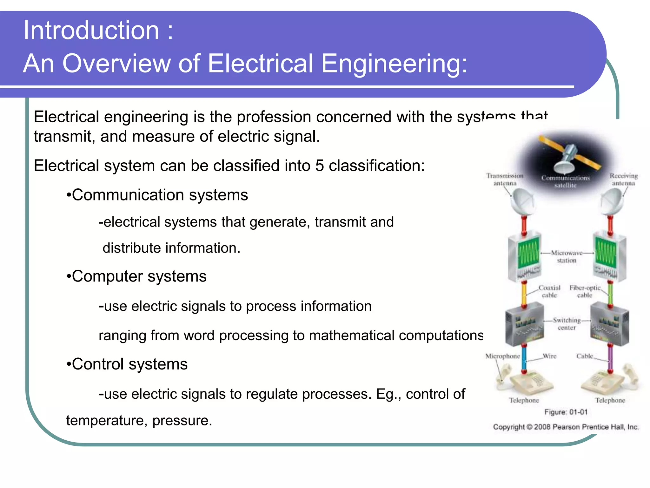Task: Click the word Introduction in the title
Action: [x=91, y=30]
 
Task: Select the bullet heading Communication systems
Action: [x=159, y=195]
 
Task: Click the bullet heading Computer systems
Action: [x=139, y=276]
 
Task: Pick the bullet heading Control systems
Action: [x=129, y=364]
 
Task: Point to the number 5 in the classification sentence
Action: [x=319, y=166]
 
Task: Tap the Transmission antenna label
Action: [x=505, y=180]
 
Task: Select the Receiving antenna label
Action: [x=623, y=180]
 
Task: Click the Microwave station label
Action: [x=567, y=257]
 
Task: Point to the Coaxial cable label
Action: [x=549, y=291]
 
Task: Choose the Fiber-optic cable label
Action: [x=585, y=291]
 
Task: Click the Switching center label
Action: [x=567, y=324]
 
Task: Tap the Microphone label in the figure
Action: [x=502, y=356]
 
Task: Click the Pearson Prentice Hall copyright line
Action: [x=566, y=427]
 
